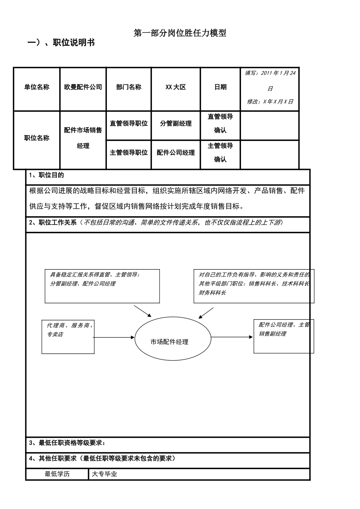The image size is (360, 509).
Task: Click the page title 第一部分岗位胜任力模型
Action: [180, 33]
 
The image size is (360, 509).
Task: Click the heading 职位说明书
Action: [74, 42]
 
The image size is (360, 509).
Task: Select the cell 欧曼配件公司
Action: [83, 89]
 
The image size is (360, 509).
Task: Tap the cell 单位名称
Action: [37, 89]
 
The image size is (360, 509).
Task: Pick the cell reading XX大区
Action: [175, 89]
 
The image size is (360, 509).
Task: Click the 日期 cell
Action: [221, 89]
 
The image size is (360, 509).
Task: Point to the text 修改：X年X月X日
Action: [270, 101]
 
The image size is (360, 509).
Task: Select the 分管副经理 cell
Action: [175, 125]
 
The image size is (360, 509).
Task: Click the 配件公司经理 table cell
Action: [175, 155]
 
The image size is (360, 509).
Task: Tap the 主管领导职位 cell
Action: [129, 155]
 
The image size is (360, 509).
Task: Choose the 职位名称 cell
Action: [37, 140]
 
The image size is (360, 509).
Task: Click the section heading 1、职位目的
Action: [46, 175]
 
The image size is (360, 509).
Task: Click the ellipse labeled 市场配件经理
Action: [173, 339]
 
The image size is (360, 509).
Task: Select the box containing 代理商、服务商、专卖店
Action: [68, 337]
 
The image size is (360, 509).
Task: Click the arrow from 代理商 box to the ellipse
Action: [114, 337]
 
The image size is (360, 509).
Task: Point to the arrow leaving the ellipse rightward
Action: [232, 337]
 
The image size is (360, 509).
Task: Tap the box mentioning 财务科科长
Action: [254, 286]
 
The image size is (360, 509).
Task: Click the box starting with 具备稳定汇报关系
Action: [102, 286]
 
